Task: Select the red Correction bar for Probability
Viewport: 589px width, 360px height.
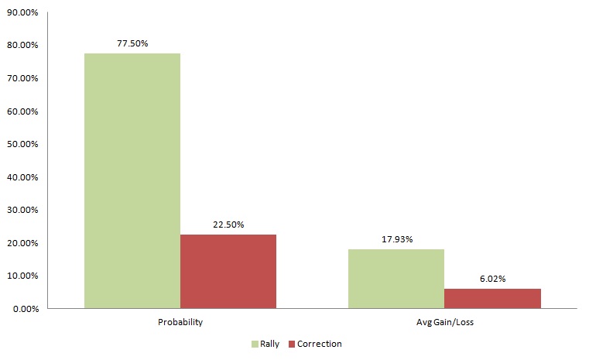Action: pos(228,271)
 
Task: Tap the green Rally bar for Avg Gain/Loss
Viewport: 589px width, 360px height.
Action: pos(396,278)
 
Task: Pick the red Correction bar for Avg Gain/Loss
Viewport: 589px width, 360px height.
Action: pos(492,298)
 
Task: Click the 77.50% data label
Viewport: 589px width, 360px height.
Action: pos(132,43)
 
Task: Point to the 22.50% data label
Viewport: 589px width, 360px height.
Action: pos(228,225)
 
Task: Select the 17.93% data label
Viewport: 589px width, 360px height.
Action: pos(396,239)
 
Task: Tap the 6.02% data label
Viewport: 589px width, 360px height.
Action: pos(492,279)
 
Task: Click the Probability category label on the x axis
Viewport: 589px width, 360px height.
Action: pos(180,322)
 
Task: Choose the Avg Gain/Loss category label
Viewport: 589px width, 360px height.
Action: pos(444,322)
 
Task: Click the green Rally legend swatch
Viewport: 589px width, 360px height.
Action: pos(255,344)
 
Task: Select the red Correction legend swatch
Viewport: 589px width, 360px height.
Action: pos(292,344)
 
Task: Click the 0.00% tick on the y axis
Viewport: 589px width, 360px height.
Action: pos(25,309)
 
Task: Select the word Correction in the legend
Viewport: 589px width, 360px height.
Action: pos(320,344)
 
